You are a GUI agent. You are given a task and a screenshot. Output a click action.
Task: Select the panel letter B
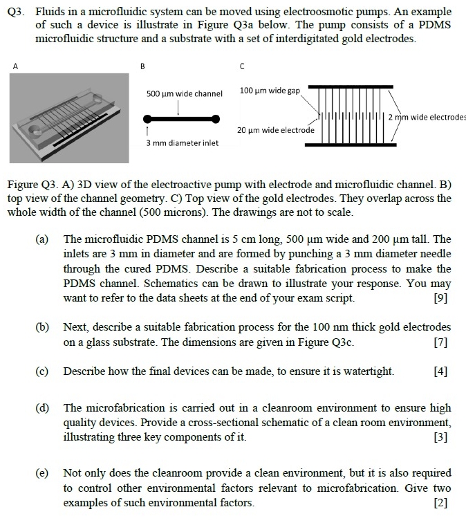pyautogui.click(x=142, y=66)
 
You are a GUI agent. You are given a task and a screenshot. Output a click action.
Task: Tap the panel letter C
pyautogui.click(x=242, y=66)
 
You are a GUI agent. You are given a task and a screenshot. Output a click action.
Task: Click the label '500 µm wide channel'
pyautogui.click(x=185, y=93)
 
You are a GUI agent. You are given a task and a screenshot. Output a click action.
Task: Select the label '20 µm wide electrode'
pyautogui.click(x=275, y=130)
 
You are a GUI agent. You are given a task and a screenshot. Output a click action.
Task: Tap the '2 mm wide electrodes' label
pyautogui.click(x=427, y=116)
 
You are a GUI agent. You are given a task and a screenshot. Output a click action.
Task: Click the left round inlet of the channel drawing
pyautogui.click(x=148, y=119)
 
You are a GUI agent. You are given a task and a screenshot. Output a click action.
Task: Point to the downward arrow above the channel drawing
pyautogui.click(x=179, y=107)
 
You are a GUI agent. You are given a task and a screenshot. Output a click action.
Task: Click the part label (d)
pyautogui.click(x=43, y=408)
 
